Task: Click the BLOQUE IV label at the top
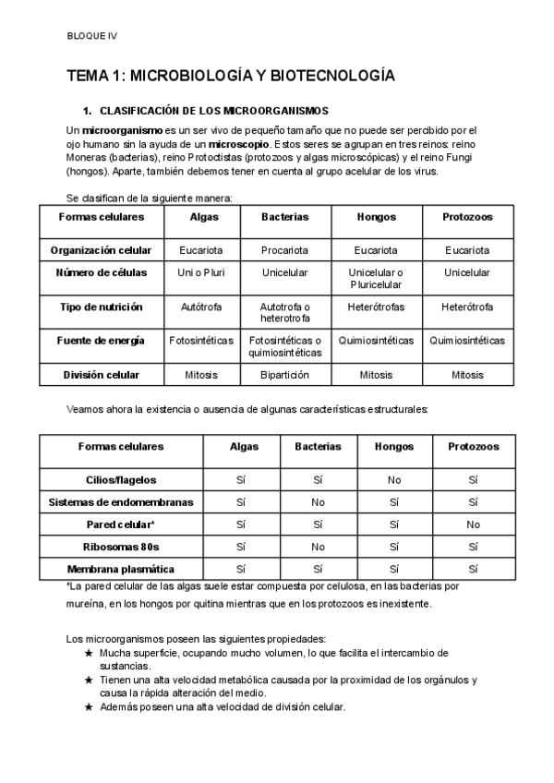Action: click(92, 36)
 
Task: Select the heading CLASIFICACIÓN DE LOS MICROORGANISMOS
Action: click(220, 110)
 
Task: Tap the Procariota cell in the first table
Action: click(284, 250)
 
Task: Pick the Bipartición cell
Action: click(284, 375)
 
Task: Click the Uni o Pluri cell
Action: click(201, 272)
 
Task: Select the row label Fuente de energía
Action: click(101, 341)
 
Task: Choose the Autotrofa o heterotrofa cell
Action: click(284, 312)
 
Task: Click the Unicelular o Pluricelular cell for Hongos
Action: click(376, 278)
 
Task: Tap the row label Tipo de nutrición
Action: click(101, 307)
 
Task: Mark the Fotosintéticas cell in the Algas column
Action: click(201, 341)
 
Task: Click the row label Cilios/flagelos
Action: click(120, 479)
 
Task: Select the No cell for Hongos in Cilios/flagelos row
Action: click(394, 479)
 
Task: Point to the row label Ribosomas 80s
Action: click(120, 547)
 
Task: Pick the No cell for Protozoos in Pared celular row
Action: click(474, 524)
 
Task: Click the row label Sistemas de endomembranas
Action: click(120, 502)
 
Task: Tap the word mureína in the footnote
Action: click(87, 605)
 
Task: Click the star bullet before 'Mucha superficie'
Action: click(89, 653)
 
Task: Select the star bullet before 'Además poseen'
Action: click(89, 707)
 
